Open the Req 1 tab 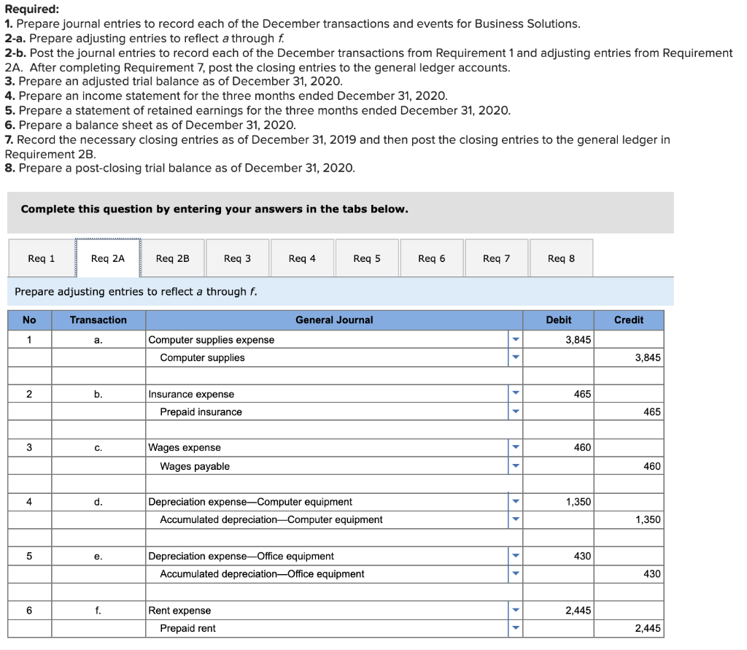(42, 258)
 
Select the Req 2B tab (172, 258)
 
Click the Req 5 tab (366, 258)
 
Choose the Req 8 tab (561, 258)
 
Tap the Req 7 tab (496, 258)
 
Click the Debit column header (559, 320)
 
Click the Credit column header (629, 320)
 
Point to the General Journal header (334, 320)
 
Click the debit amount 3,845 (578, 340)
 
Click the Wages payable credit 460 (651, 466)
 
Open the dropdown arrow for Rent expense (515, 611)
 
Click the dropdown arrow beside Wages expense (515, 448)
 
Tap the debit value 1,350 (578, 502)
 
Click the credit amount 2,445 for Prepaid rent (647, 628)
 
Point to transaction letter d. (98, 502)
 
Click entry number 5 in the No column (29, 556)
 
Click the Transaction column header (98, 320)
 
